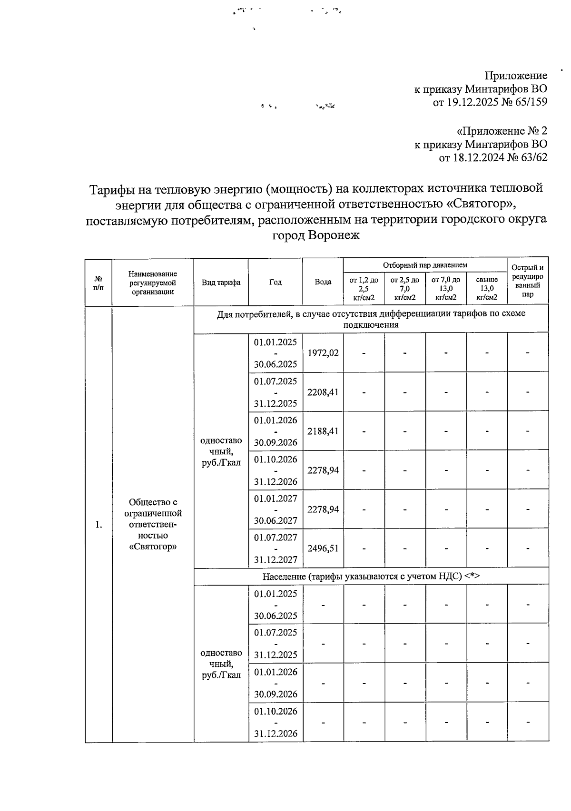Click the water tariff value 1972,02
(323, 353)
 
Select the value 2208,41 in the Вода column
(323, 392)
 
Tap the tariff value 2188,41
(323, 431)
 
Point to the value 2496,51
(323, 548)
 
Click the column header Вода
(323, 282)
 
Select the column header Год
(276, 282)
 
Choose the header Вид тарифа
(221, 283)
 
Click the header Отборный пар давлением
(425, 265)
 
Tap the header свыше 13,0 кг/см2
(487, 288)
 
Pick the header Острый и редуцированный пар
(528, 281)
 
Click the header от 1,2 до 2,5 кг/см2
(364, 288)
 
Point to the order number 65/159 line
(490, 102)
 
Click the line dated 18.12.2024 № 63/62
(493, 157)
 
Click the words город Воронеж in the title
(315, 235)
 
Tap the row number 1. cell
(98, 525)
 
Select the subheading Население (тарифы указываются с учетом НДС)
(371, 576)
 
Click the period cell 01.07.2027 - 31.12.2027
(276, 548)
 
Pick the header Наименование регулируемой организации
(153, 283)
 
